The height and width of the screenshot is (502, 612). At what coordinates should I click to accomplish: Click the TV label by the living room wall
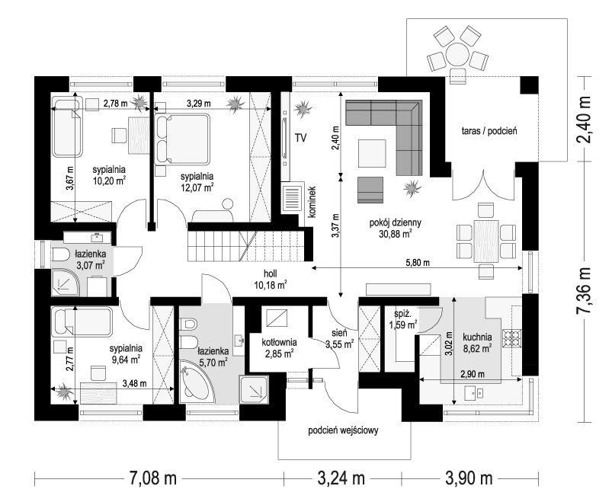tap(300, 138)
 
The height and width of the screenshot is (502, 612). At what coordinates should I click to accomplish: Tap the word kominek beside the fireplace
tap(312, 201)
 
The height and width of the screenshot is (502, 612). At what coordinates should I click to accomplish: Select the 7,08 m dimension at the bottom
tap(151, 478)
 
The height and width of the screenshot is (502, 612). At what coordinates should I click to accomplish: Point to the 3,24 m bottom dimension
tap(341, 478)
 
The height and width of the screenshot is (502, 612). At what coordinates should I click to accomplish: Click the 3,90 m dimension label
tap(469, 478)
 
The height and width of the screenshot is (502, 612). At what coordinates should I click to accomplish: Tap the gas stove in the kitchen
tap(512, 338)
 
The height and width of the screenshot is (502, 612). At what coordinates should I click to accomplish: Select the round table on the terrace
tap(457, 53)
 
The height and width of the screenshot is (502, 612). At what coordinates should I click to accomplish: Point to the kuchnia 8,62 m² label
tap(477, 343)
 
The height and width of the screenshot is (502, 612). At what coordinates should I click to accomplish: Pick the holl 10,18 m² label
tap(271, 280)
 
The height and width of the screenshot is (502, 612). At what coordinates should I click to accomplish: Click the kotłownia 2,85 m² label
tap(279, 348)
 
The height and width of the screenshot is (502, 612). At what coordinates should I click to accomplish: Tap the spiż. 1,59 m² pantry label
tap(403, 319)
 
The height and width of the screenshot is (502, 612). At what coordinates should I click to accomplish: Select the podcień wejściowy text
tap(343, 430)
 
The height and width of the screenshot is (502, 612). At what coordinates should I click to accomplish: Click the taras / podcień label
tap(489, 131)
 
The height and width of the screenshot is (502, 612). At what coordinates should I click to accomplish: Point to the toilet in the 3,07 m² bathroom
tap(59, 254)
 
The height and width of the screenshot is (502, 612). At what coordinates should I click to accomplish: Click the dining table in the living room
tap(486, 241)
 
